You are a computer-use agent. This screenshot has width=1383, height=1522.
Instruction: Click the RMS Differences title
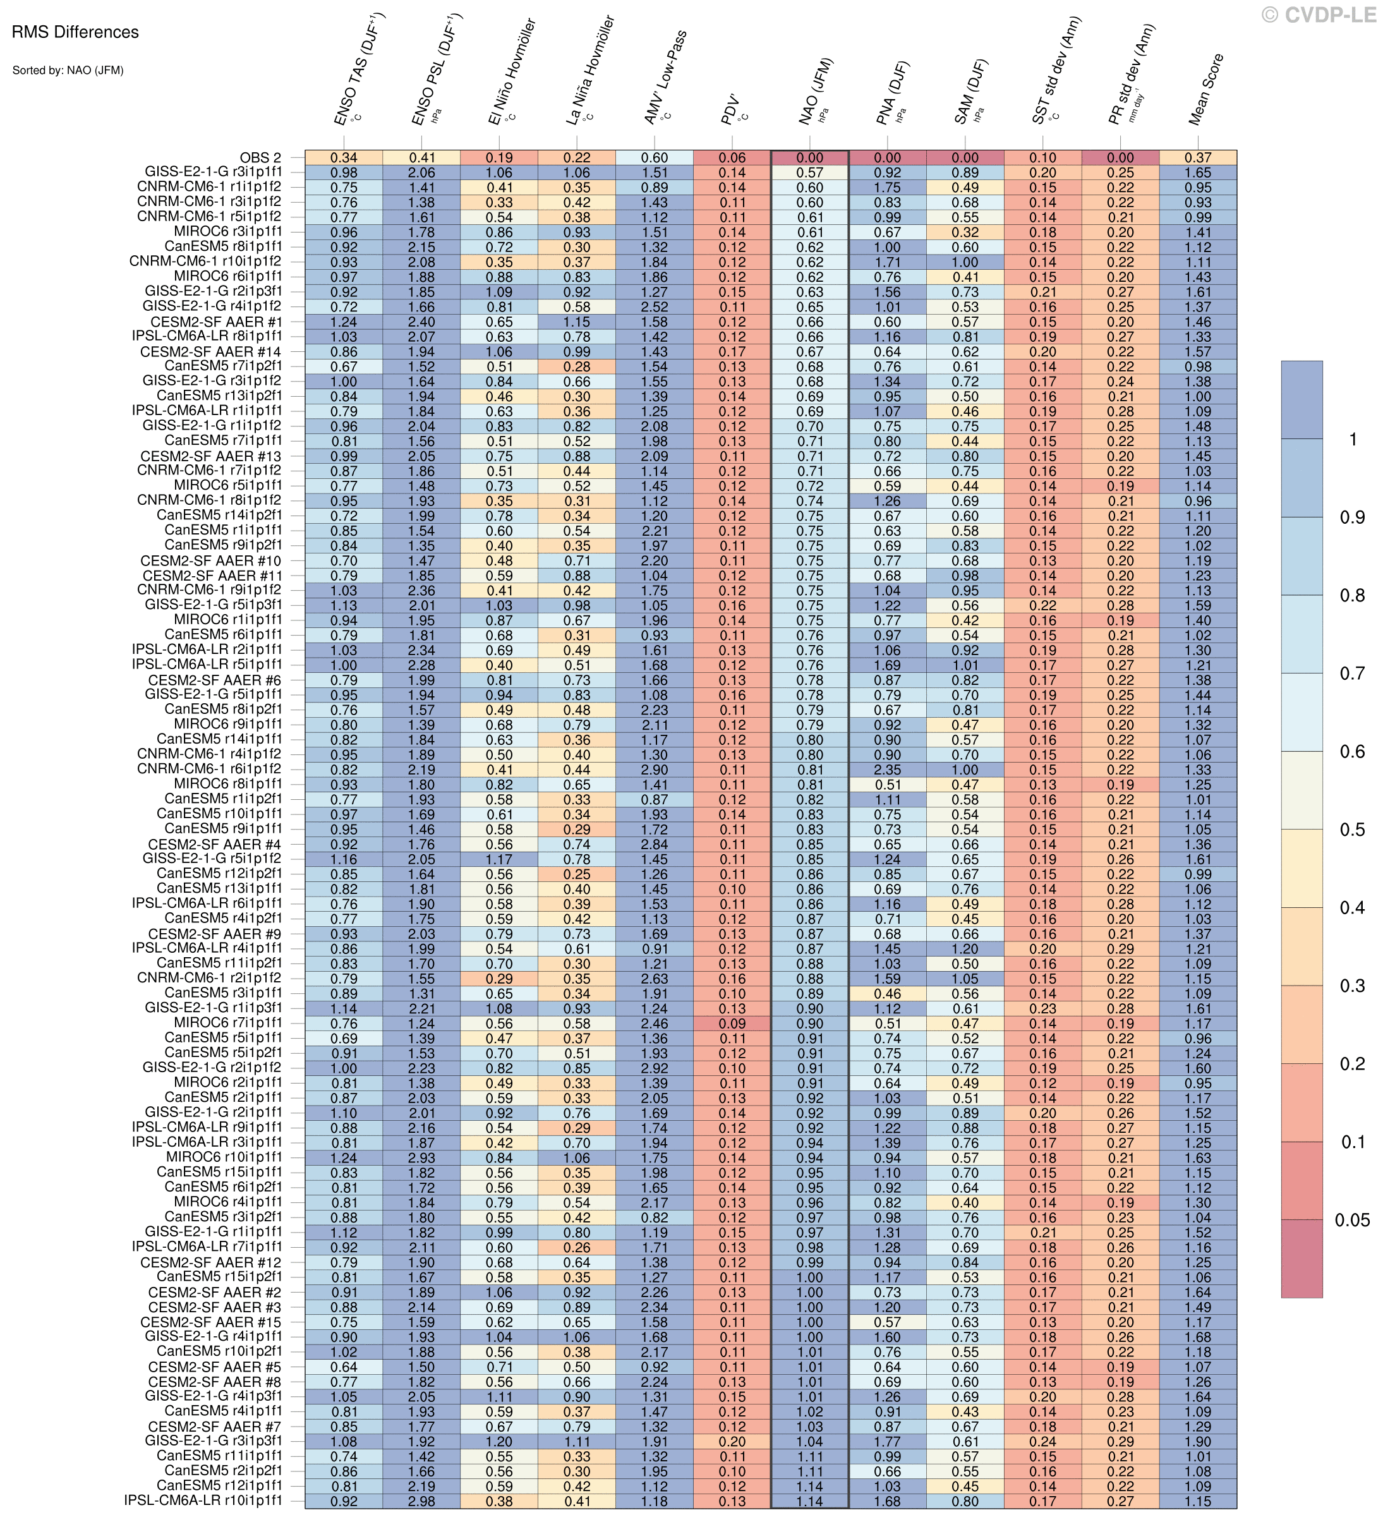tap(75, 32)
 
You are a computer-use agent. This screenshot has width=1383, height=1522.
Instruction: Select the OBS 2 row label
tap(260, 158)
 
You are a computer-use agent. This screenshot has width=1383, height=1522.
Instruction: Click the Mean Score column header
tap(1205, 89)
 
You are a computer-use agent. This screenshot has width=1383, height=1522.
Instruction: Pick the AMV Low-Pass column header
tap(663, 77)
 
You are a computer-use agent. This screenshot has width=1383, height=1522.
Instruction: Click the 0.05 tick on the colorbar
tap(1352, 1220)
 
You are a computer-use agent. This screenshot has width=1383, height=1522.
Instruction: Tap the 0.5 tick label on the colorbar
tap(1351, 830)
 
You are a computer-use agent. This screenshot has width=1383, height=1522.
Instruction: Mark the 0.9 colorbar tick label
tap(1351, 517)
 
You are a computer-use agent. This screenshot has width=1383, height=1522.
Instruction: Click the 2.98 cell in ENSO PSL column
tap(421, 1502)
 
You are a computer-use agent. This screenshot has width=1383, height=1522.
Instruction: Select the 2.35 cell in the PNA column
tap(887, 770)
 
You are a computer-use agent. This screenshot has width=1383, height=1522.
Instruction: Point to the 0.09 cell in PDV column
tap(732, 1024)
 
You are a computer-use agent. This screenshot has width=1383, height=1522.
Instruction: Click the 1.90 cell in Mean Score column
tap(1198, 1442)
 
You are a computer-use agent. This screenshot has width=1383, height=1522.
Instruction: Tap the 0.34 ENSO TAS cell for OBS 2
tap(344, 158)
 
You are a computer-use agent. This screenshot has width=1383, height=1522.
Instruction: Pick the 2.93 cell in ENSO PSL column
tap(421, 1158)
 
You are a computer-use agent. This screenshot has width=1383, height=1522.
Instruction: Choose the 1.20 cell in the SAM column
tap(965, 949)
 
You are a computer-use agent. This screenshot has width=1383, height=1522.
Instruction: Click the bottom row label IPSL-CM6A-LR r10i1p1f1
tap(204, 1502)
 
